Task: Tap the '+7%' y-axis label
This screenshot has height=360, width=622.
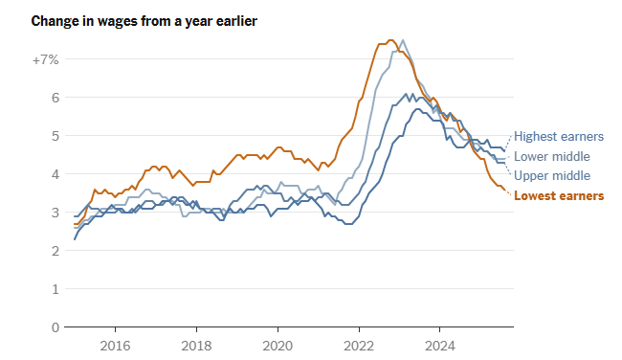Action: (x=45, y=59)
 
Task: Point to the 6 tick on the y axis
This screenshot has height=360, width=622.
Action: (x=56, y=98)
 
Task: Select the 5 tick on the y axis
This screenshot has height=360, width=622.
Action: (x=56, y=136)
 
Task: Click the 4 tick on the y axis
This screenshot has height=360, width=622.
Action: (x=56, y=174)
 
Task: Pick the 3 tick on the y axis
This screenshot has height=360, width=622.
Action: (x=56, y=213)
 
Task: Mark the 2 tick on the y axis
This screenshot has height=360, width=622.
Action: (x=56, y=251)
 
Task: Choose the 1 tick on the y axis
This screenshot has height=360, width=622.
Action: (x=56, y=289)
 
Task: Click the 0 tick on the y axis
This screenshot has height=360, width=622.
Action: (x=56, y=327)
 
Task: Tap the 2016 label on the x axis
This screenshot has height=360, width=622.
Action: (x=115, y=345)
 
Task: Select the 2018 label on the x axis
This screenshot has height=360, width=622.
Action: (x=196, y=345)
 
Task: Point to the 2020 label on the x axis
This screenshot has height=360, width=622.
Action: (x=278, y=345)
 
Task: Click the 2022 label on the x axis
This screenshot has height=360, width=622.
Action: (x=359, y=345)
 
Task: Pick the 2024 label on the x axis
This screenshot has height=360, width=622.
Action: (x=440, y=345)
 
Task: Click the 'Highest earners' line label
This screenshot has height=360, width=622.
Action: (x=559, y=137)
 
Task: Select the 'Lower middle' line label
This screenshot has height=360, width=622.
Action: (x=552, y=157)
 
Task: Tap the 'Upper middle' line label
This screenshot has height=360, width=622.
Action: (x=552, y=176)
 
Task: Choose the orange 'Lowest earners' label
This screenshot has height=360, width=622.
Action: (x=559, y=196)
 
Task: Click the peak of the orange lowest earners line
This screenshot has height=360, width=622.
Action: (x=390, y=40)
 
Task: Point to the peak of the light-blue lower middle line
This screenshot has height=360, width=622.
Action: (x=403, y=40)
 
